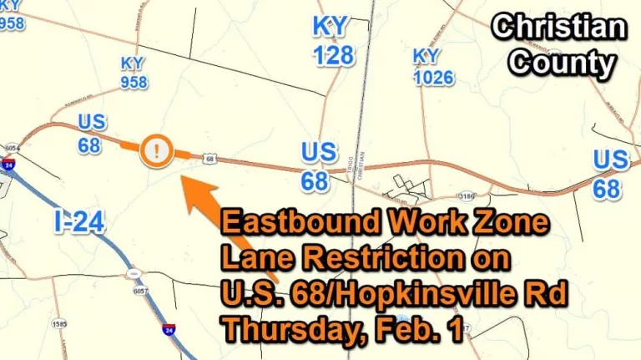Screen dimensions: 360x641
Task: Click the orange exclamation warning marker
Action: pyautogui.click(x=156, y=151)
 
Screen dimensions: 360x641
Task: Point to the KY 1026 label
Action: pyautogui.click(x=433, y=67)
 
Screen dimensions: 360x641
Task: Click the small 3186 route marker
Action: pyautogui.click(x=467, y=196)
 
